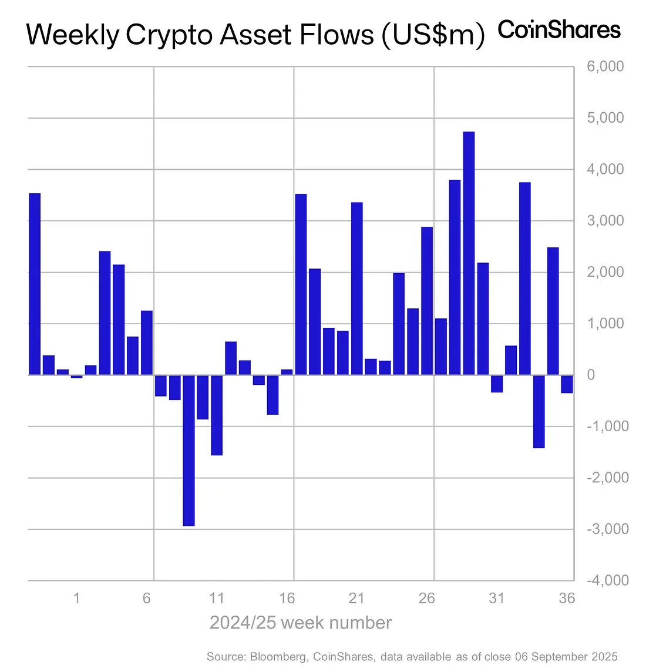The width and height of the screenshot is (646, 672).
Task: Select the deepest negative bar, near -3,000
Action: coord(189,451)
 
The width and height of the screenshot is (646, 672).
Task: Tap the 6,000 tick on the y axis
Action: coord(605,67)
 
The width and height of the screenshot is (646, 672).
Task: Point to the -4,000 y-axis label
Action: coord(607,580)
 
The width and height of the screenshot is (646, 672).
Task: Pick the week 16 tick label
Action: coord(287,599)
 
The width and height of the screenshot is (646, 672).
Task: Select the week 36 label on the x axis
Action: coord(567,599)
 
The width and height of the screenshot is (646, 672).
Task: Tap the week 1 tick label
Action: coord(76,599)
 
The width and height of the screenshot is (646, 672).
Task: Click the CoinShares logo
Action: coord(558,30)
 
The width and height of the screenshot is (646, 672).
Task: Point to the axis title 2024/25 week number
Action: coord(300,623)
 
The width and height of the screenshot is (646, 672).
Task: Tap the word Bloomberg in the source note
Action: coord(278,657)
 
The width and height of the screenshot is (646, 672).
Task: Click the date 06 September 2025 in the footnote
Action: coord(566,657)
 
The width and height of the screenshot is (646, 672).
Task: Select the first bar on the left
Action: coord(35,284)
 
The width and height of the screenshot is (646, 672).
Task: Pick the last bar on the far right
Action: coord(567,384)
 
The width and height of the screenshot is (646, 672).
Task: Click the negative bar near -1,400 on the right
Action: coord(539,411)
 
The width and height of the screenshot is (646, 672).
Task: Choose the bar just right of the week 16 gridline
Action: coord(301,284)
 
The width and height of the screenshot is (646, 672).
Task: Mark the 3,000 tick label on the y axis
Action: coord(605,221)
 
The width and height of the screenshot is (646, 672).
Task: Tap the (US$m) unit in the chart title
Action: coord(433,35)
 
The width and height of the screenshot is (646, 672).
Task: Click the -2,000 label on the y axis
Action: coord(607,478)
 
